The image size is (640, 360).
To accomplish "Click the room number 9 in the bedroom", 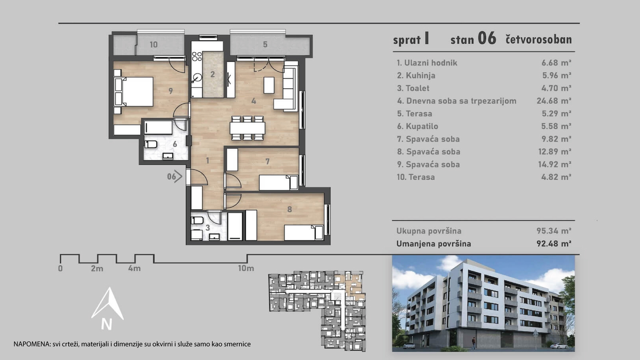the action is [171, 91].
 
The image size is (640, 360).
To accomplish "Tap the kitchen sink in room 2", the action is [197, 78].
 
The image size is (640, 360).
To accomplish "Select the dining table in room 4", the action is [247, 128].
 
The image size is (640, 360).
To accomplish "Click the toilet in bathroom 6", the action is [151, 144].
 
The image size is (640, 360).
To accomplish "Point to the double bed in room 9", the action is [134, 92].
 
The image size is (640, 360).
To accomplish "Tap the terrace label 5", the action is [265, 44].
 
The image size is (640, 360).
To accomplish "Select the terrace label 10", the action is [153, 45].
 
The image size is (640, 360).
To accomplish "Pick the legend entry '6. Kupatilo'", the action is [417, 126].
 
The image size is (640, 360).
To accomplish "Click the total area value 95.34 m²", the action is [554, 231].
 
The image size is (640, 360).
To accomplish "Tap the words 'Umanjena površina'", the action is [434, 244].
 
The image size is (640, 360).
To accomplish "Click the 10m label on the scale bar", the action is [246, 268].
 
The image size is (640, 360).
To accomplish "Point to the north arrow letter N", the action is [107, 324].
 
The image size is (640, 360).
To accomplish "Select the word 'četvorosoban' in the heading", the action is [539, 40].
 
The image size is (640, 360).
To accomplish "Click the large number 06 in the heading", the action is [487, 38].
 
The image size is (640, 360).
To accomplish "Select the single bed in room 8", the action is [304, 233].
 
